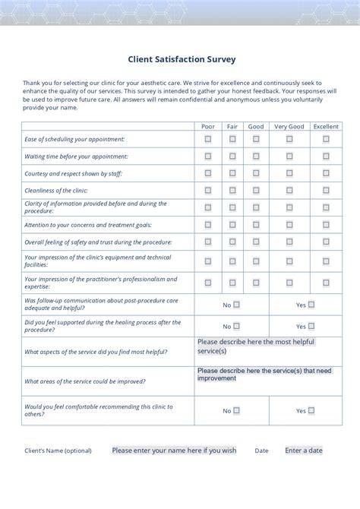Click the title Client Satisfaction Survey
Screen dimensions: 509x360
(x=181, y=58)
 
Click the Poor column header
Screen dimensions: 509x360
(x=207, y=127)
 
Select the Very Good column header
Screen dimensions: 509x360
(x=289, y=127)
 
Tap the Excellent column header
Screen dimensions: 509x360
(x=326, y=127)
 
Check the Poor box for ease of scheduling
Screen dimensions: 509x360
(x=208, y=139)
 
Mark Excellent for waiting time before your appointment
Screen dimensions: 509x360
(x=326, y=156)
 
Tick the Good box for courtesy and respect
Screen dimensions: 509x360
(x=256, y=173)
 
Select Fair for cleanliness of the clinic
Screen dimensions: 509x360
(x=232, y=191)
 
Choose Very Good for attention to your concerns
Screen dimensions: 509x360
(x=289, y=225)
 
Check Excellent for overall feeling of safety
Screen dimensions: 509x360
(x=326, y=242)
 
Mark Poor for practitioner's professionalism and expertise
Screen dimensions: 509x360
(x=208, y=283)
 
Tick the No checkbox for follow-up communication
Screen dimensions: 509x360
(x=236, y=305)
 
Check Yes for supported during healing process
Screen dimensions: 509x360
(x=311, y=326)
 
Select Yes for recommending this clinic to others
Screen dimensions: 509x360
(x=311, y=410)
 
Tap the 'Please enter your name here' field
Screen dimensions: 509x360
(x=174, y=451)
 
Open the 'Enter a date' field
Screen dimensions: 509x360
(x=303, y=451)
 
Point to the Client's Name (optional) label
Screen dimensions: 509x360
(x=58, y=451)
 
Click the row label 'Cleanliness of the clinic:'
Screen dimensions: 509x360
(x=56, y=191)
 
